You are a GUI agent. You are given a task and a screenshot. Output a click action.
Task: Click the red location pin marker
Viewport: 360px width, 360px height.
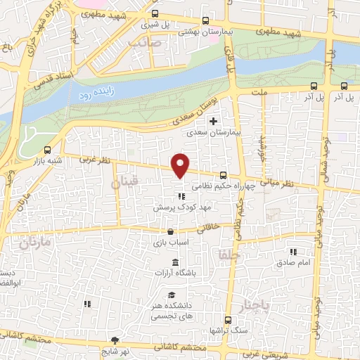181,165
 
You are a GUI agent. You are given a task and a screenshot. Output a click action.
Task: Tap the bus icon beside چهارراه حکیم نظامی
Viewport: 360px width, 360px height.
223,175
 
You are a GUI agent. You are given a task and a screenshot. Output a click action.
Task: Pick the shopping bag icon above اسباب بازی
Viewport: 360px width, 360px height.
169,231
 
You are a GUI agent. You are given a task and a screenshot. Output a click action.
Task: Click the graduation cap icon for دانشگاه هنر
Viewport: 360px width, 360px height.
172,295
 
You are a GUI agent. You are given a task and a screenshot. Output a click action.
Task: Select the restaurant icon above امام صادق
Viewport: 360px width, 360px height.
293,252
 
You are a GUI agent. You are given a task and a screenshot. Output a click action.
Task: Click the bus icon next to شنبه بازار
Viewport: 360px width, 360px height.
47,149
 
